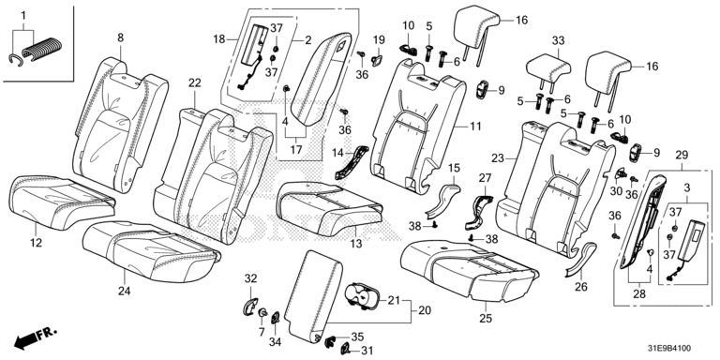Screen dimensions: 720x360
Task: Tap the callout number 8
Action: click(x=120, y=38)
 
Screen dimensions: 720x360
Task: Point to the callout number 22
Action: click(x=195, y=83)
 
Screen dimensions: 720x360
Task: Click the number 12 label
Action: click(x=36, y=243)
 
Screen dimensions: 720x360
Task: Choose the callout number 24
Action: click(x=125, y=291)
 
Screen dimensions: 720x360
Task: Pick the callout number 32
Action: click(x=250, y=278)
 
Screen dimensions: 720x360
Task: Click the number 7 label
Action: click(x=262, y=332)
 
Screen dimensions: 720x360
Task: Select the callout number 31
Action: click(x=366, y=351)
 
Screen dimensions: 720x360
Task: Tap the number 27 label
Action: click(x=485, y=178)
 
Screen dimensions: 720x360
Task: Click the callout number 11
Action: click(x=474, y=126)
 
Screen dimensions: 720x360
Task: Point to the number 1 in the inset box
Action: click(x=22, y=16)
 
